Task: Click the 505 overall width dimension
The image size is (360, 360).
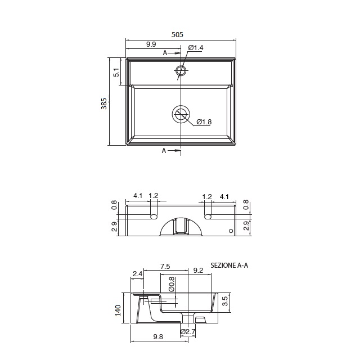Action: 177,34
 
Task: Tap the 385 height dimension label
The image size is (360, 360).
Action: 104,103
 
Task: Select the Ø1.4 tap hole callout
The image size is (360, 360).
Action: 196,48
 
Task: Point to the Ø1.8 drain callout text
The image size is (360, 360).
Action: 204,121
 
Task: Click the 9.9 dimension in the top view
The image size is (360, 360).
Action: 151,44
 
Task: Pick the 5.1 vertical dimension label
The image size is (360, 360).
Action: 116,73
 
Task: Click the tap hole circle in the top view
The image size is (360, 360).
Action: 181,71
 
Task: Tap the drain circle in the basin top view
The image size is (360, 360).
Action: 181,114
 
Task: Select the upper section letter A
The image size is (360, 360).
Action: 165,53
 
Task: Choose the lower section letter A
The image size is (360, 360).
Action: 164,151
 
